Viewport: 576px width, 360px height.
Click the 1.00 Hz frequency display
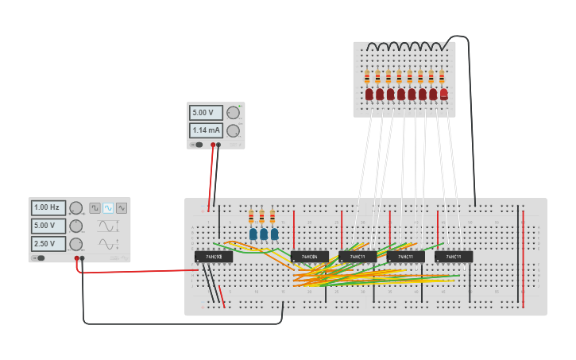(x=48, y=207)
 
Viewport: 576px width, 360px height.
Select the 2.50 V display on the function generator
(x=48, y=244)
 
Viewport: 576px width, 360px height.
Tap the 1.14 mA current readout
(x=206, y=130)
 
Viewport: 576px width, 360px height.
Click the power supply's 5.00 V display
(x=206, y=113)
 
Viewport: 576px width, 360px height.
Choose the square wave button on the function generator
(x=95, y=207)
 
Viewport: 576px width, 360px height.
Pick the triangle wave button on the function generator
(x=122, y=207)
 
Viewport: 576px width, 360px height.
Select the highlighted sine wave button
(x=108, y=207)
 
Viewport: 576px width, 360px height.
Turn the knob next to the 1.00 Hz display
(x=75, y=208)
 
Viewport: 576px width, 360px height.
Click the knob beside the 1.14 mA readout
(x=233, y=130)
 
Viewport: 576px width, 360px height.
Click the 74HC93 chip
(x=214, y=257)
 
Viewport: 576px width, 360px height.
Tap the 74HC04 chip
(x=309, y=257)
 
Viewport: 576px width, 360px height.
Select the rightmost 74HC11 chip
(x=454, y=257)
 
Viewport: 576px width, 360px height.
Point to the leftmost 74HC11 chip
(x=358, y=257)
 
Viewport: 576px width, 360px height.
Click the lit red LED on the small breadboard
(x=443, y=94)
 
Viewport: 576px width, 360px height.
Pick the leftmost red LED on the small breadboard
(x=369, y=95)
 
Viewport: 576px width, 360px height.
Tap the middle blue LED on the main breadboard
(x=264, y=234)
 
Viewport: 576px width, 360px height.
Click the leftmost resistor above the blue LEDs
(x=252, y=216)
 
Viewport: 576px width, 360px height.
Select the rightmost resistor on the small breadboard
(x=442, y=77)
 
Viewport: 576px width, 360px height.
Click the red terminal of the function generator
(x=77, y=258)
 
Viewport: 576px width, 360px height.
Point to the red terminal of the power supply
(x=212, y=145)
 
